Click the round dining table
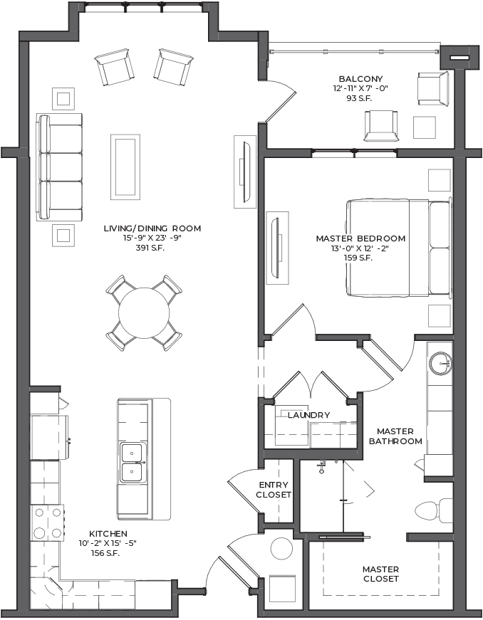(x=144, y=312)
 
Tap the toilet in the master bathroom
(x=433, y=510)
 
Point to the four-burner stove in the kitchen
(x=48, y=522)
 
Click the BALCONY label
(x=360, y=79)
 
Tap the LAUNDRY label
(x=308, y=415)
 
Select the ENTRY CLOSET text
(x=274, y=490)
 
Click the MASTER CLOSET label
(x=380, y=574)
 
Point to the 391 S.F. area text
(x=150, y=248)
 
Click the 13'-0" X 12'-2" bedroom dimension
(x=360, y=248)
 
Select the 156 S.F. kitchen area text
(x=105, y=553)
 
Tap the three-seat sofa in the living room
(x=60, y=167)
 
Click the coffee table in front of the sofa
(x=125, y=165)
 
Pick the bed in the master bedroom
(x=399, y=248)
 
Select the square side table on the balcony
(x=425, y=127)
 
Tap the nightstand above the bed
(x=439, y=180)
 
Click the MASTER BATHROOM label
(x=395, y=436)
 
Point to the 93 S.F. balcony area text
(x=359, y=98)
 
